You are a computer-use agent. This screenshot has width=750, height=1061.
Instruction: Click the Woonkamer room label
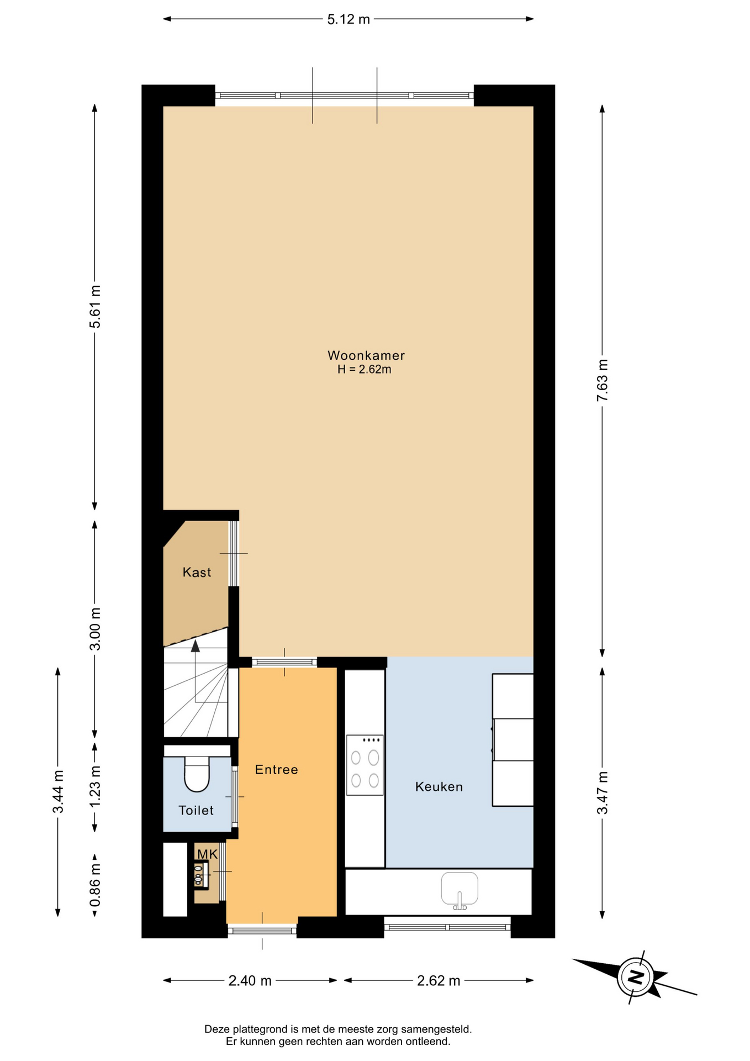[366, 355]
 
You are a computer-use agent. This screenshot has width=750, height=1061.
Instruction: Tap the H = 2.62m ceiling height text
[365, 370]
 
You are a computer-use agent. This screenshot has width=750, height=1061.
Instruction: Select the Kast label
[197, 572]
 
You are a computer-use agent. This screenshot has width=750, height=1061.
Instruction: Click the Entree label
[276, 769]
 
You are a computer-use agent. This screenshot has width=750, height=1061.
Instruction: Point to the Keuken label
[439, 786]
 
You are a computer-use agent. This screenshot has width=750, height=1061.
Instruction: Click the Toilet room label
[196, 810]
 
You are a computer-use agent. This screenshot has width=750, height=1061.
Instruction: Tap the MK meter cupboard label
[208, 854]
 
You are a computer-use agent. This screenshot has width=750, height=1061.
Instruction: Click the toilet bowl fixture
[197, 774]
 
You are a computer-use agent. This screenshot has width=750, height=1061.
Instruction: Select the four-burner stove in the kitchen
[365, 765]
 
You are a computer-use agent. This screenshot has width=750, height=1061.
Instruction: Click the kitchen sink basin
[459, 889]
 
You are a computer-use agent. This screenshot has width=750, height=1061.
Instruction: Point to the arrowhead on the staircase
[195, 646]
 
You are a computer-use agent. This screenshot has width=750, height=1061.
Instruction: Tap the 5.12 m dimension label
[348, 19]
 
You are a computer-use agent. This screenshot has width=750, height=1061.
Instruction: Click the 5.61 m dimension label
[95, 306]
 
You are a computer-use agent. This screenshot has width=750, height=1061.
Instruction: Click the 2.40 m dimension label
[250, 980]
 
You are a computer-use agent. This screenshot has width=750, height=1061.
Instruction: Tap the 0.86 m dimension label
[95, 885]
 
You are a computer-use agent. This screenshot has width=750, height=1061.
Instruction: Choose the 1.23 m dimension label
[95, 786]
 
